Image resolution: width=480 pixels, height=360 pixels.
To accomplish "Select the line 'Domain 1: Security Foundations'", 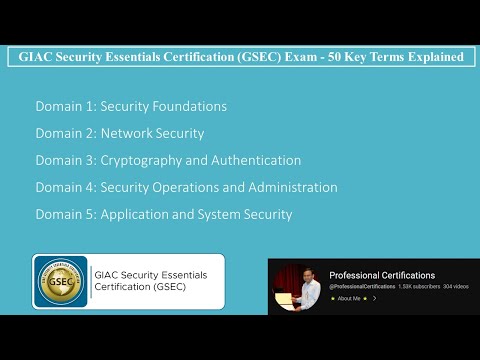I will (x=131, y=106).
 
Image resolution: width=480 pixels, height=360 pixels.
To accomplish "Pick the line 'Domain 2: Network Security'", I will (x=119, y=133).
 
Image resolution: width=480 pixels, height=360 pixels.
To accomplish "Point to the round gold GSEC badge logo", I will (x=61, y=282).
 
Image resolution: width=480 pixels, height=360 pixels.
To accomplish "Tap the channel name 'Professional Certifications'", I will (x=382, y=275).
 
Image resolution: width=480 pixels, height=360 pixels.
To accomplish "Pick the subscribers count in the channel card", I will (x=419, y=286).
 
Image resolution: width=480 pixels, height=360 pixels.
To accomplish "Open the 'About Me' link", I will (x=349, y=298).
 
